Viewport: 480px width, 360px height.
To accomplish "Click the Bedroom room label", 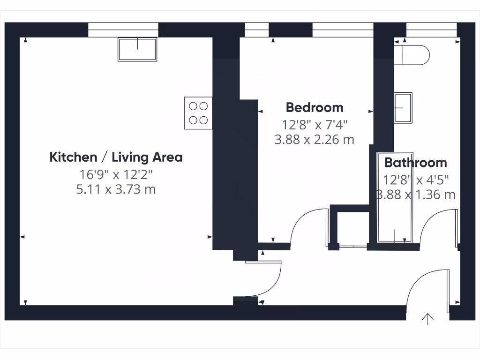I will click(x=315, y=107).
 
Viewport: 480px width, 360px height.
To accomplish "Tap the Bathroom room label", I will click(x=415, y=163).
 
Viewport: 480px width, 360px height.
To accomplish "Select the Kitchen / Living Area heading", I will click(x=116, y=157).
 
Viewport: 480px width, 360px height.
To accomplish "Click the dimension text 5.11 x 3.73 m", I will click(x=116, y=189).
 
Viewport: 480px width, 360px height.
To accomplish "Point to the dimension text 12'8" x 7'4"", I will click(x=315, y=125).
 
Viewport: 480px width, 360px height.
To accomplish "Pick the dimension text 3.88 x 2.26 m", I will click(x=315, y=139).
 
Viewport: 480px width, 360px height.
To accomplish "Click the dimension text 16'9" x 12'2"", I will click(x=116, y=174).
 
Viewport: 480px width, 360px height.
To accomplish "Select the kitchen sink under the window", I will click(x=137, y=49).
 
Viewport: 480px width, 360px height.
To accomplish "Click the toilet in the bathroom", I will click(x=413, y=54).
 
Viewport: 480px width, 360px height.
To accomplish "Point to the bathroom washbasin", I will click(x=403, y=107).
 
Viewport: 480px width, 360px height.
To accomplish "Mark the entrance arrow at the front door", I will click(x=427, y=319).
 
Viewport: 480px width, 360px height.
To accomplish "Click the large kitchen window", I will click(x=123, y=30).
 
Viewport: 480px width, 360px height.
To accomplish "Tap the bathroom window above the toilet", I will click(x=431, y=30).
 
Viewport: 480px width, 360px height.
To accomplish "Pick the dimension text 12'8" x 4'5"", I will click(x=416, y=180).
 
